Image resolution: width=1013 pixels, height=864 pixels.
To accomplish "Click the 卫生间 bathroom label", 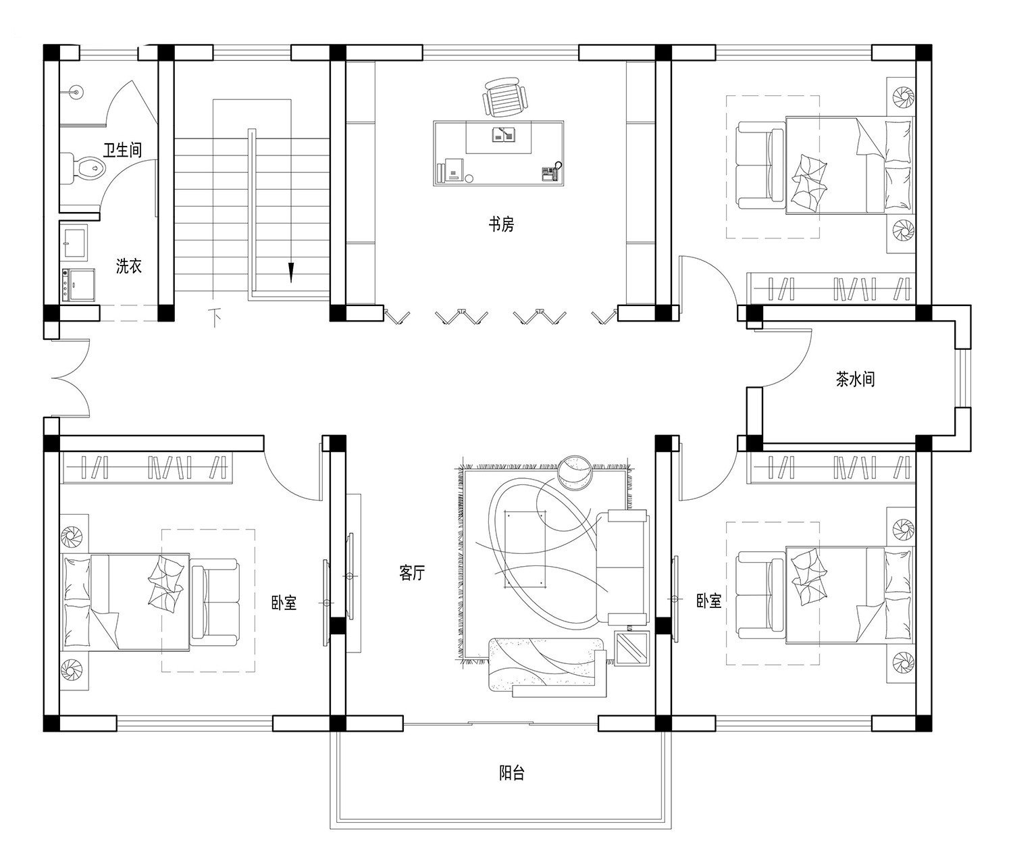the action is pos(122,150).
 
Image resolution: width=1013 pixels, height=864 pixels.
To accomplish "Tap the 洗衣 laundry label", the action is pos(129,266).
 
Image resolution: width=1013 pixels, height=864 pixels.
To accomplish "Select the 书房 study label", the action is pos(501,224).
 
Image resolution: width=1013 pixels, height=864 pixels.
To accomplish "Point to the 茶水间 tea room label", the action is pos(855,379).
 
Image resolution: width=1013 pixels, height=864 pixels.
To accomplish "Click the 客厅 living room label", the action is pos(412,573).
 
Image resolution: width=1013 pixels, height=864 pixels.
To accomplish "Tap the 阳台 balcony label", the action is pos(512,773).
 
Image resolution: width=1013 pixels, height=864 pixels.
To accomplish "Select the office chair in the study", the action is pos(506,97).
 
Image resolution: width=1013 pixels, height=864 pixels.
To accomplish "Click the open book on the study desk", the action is pos(504,135).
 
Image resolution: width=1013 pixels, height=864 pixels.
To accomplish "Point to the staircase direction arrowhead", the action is pos(291,273).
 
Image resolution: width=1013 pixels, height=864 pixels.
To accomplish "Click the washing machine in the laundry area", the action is pos(78,284).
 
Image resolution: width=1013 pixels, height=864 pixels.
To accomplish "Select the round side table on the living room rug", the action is pos(575,473).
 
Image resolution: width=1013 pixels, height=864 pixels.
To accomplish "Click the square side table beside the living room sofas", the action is pos(632,649).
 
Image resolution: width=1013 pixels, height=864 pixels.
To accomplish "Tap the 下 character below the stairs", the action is pos(215,317).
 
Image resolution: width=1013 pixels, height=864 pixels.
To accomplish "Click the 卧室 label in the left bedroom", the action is pos(284,603).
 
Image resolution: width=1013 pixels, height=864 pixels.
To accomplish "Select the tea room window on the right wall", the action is pos(964,378).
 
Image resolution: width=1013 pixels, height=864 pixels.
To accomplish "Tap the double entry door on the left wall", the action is pos(71,378).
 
